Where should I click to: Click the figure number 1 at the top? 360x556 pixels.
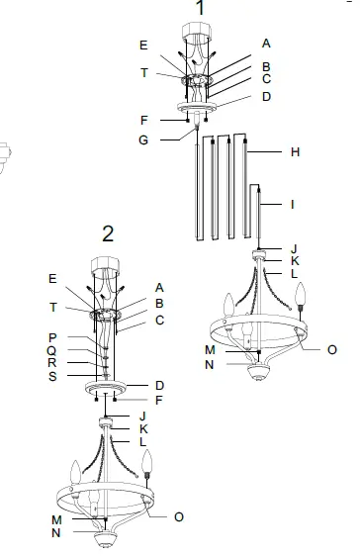(201, 9)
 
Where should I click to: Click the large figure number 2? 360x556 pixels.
(108, 233)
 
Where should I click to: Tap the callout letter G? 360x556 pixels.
(143, 139)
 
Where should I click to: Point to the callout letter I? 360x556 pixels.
(293, 205)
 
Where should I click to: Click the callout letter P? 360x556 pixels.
(51, 336)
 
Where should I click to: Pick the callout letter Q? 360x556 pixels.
(51, 349)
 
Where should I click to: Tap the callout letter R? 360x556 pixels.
(51, 362)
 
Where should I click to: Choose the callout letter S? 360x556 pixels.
(51, 375)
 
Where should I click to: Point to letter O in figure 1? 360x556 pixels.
(331, 349)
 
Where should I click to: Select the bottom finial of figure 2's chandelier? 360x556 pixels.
(104, 541)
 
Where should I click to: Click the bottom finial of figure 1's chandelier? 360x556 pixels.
(258, 373)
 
